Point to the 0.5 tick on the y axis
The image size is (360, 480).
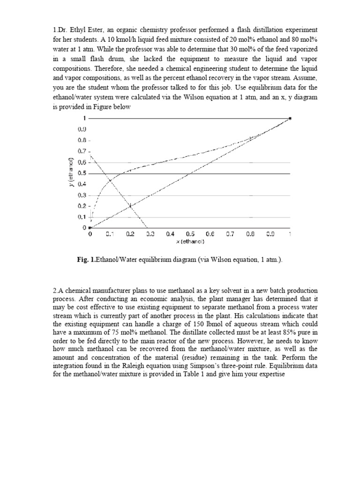pyautogui.click(x=82, y=173)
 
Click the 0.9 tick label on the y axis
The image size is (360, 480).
pyautogui.click(x=82, y=129)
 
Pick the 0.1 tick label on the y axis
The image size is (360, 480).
pyautogui.click(x=82, y=217)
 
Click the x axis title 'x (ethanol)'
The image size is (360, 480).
pyautogui.click(x=189, y=242)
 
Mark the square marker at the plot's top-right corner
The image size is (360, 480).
pyautogui.click(x=290, y=119)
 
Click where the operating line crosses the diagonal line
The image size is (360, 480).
pyautogui.click(x=130, y=206)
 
